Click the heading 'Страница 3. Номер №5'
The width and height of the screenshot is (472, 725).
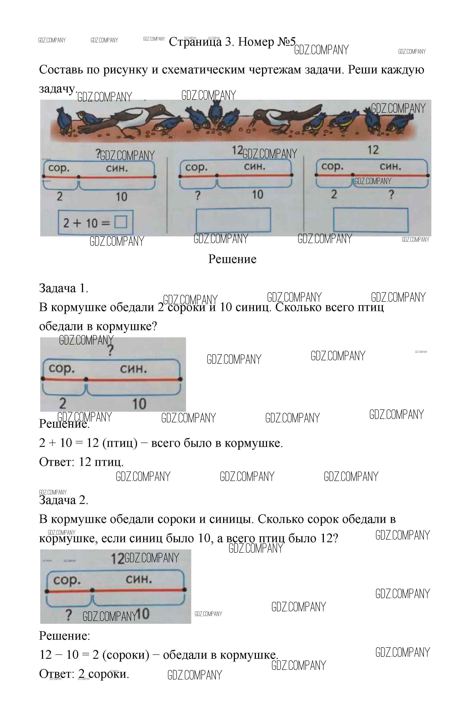click(232, 42)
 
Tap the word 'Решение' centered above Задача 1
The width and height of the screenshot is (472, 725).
click(232, 259)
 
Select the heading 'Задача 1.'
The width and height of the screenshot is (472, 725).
click(64, 288)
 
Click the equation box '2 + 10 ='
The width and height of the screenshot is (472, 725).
click(95, 222)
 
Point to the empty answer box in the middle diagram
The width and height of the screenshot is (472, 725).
click(233, 220)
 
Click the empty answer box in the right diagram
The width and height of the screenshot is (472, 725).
click(371, 220)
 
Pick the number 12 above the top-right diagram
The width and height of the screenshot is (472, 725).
click(373, 150)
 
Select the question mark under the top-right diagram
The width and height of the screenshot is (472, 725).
click(392, 194)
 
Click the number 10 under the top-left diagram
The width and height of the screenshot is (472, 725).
click(121, 197)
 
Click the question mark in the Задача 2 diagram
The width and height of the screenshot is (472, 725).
click(69, 615)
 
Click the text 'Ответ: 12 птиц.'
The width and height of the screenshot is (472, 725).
click(81, 462)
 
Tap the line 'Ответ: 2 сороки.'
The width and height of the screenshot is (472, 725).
click(84, 674)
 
